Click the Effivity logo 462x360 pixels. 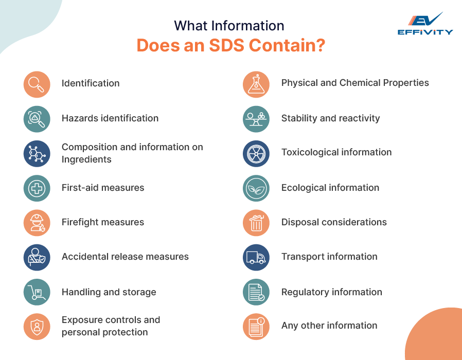coord(425,24)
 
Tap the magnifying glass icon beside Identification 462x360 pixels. coord(37,84)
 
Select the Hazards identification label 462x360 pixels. coord(110,118)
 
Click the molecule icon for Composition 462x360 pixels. coord(37,154)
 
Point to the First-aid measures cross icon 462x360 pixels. coord(37,188)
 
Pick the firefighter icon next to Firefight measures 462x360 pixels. coord(37,223)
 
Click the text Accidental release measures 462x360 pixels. coord(125,257)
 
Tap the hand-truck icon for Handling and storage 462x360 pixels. coord(37,292)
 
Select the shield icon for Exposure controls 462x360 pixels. coord(37,327)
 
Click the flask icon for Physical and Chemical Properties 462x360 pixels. coord(256,84)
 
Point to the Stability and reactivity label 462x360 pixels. coord(330,118)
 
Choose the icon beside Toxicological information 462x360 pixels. coord(256,154)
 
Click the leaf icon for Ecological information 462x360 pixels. coord(256,188)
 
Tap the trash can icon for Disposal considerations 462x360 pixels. coord(256,223)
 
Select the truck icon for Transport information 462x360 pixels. coord(256,257)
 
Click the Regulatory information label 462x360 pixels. coord(331,292)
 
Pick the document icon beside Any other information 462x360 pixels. coord(256,327)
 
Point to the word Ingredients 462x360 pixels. coord(86,159)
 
